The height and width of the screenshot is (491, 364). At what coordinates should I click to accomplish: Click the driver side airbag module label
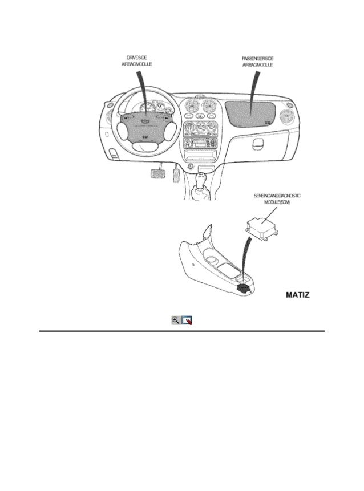tap(137, 62)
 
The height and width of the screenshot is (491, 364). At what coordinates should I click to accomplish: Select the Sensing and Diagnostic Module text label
tap(277, 199)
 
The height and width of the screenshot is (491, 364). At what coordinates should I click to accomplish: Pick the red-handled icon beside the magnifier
tap(187, 321)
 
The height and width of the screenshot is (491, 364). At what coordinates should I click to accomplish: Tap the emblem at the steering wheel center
tap(147, 121)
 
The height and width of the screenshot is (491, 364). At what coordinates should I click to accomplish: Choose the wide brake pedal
tap(156, 172)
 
